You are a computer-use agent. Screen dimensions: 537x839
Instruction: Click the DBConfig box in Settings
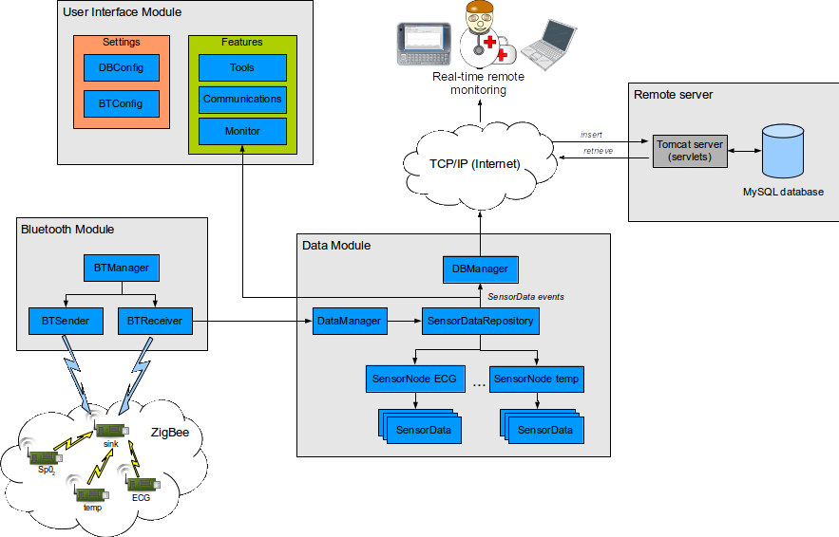pos(121,68)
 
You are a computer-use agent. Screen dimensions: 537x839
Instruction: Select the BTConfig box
pos(121,102)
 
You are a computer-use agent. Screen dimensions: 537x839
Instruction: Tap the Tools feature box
pos(241,68)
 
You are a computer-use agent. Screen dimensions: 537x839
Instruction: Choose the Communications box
pos(241,99)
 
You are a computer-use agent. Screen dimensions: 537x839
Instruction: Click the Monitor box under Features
pos(241,131)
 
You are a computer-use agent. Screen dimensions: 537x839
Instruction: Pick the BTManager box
pos(121,268)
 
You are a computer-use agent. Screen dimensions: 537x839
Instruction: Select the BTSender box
pos(65,322)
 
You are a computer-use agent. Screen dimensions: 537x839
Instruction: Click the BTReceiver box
pos(155,322)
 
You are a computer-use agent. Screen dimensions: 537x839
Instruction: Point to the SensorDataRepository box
pos(481,322)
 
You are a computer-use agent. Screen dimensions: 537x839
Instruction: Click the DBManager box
pos(481,269)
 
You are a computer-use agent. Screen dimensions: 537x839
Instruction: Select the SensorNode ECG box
pos(415,380)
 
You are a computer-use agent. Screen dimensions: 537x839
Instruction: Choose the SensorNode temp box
pos(537,380)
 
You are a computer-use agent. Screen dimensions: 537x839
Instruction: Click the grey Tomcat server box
pos(690,151)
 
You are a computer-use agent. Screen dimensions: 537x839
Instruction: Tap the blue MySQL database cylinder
pos(783,151)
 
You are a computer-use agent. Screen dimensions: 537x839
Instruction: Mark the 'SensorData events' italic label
pos(526,297)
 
